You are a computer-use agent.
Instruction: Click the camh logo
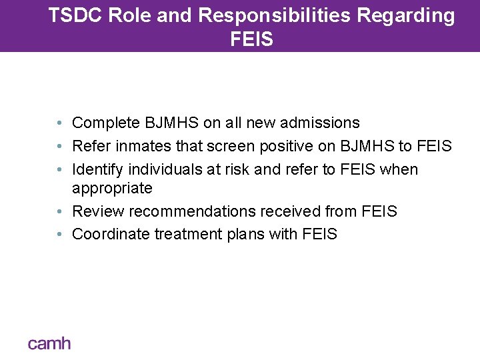click(49, 343)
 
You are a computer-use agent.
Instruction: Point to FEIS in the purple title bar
click(251, 39)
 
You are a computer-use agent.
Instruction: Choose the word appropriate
click(112, 189)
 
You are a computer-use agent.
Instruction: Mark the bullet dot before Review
click(60, 212)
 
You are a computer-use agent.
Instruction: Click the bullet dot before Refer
click(60, 146)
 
